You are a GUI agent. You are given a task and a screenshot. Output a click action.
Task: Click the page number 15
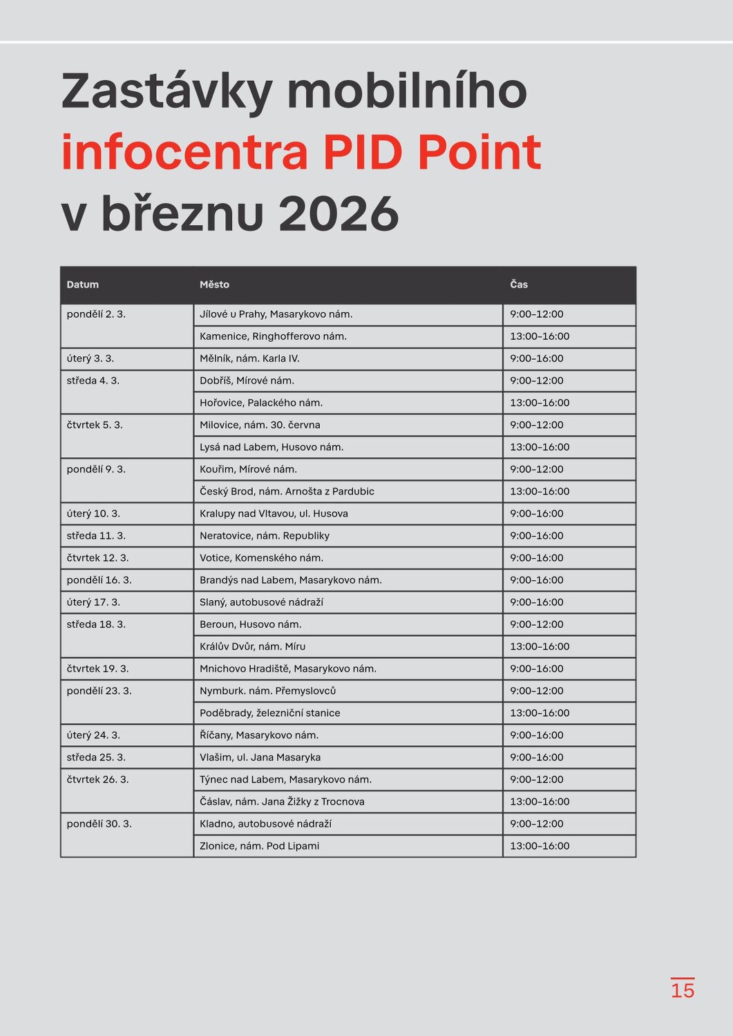click(683, 990)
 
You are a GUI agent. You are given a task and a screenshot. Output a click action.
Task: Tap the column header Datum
click(83, 285)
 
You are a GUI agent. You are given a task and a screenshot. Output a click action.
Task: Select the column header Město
click(214, 285)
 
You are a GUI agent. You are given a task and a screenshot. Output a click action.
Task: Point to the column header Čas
click(519, 285)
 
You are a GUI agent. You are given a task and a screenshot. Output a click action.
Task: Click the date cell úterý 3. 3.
click(91, 358)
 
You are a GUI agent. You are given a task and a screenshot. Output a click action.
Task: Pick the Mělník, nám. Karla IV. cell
click(249, 358)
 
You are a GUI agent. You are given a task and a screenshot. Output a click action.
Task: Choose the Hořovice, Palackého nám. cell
click(261, 403)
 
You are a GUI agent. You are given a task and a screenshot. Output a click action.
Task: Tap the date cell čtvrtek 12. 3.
click(97, 558)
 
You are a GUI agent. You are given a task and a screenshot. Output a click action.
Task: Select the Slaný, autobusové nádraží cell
click(261, 602)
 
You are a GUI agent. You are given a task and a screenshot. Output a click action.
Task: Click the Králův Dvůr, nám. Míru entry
click(252, 646)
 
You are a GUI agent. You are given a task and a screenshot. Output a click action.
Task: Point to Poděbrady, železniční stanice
click(269, 713)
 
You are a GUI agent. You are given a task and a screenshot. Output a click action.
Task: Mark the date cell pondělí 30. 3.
click(99, 824)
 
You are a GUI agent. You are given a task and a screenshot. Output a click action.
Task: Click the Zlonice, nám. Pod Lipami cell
click(259, 846)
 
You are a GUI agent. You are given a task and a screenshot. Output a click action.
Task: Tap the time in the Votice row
click(537, 558)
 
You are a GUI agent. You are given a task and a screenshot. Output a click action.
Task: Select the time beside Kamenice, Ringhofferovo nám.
click(540, 336)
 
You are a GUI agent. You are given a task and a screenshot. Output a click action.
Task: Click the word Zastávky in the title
click(166, 92)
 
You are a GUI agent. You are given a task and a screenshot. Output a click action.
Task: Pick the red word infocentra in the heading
click(185, 153)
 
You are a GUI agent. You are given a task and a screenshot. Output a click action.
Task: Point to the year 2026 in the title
click(339, 213)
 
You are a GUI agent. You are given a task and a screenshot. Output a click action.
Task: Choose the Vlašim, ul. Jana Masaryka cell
click(260, 758)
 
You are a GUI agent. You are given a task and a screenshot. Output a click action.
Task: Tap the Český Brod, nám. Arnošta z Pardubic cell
click(287, 492)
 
